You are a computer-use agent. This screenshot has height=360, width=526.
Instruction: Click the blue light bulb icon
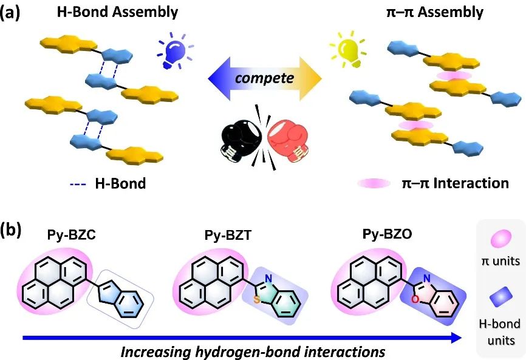tap(172, 47)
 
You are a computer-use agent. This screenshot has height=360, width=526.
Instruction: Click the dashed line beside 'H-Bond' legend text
tap(75, 183)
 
